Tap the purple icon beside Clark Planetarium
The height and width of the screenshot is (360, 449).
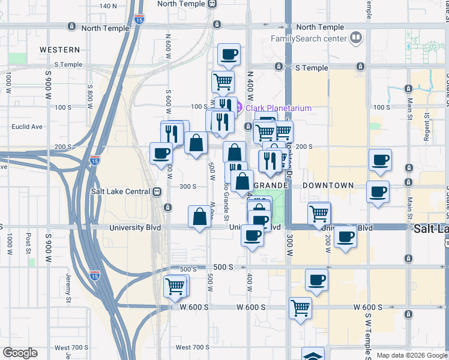pyautogui.click(x=238, y=108)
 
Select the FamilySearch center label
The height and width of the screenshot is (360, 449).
pyautogui.click(x=309, y=38)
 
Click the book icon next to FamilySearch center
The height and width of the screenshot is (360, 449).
pyautogui.click(x=357, y=38)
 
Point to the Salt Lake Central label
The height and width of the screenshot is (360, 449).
pyautogui.click(x=121, y=191)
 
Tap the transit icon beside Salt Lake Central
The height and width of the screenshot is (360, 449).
pyautogui.click(x=157, y=191)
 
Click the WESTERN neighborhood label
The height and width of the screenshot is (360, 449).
pyautogui.click(x=60, y=50)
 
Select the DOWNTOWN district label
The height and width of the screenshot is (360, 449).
pyautogui.click(x=328, y=186)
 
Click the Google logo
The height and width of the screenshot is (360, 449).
pyautogui.click(x=20, y=353)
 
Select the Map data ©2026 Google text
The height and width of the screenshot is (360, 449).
pyautogui.click(x=412, y=355)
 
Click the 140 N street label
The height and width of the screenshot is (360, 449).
pyautogui.click(x=109, y=6)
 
